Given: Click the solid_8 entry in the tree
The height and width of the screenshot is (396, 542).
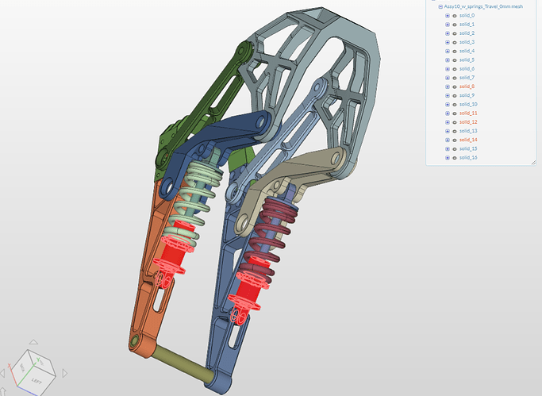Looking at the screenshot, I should click(x=467, y=87).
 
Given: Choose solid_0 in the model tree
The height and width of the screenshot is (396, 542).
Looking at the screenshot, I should click(x=467, y=16).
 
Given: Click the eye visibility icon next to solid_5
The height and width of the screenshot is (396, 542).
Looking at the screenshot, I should click(x=455, y=60).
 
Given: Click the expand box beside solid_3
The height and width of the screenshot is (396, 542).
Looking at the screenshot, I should click(x=448, y=42).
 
